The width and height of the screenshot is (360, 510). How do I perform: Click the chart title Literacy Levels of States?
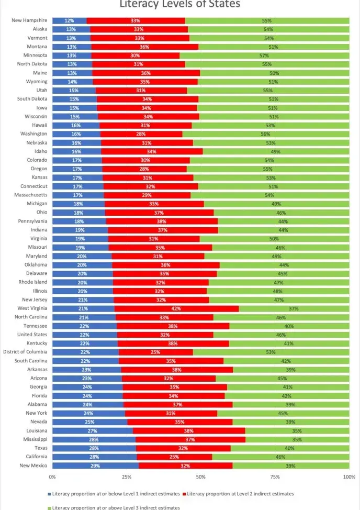tap(180, 4)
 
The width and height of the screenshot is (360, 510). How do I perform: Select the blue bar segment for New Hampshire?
tap(70, 20)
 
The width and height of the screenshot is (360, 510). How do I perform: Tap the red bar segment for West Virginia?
tap(176, 308)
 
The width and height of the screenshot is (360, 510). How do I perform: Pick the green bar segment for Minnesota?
tap(264, 56)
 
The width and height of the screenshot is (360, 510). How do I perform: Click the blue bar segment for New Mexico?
tap(95, 465)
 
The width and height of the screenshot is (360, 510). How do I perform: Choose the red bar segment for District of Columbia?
tap(156, 352)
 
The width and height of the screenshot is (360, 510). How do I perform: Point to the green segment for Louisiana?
tap(297, 430)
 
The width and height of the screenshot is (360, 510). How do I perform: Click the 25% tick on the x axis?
tap(126, 477)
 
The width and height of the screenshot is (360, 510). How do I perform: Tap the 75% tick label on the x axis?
tap(275, 477)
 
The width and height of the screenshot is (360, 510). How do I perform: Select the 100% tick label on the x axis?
tap(349, 477)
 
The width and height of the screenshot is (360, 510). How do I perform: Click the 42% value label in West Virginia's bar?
tap(176, 308)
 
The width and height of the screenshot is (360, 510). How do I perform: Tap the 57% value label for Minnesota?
tap(264, 56)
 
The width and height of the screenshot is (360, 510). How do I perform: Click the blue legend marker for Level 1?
tap(49, 494)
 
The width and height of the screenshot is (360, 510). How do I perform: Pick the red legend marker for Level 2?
tap(184, 494)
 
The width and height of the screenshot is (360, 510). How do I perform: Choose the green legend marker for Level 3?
tap(49, 507)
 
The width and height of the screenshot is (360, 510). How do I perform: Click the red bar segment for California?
tap(174, 457)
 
